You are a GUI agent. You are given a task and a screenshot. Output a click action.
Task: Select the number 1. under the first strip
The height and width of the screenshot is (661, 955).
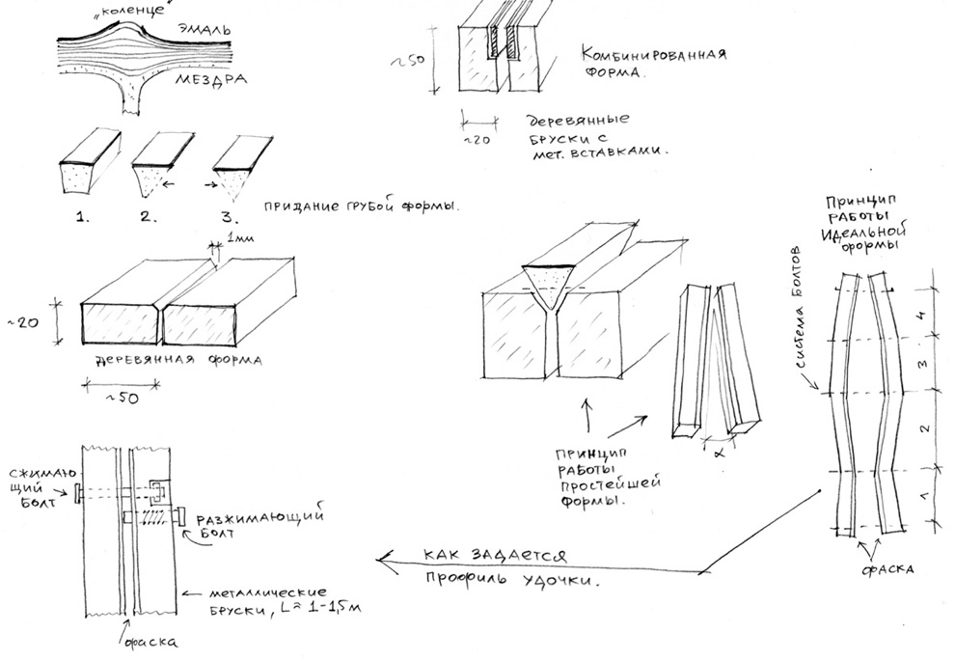81,216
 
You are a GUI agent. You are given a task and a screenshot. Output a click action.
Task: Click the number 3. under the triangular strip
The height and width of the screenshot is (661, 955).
226,216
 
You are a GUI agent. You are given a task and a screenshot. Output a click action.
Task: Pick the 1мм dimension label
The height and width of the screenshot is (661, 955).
232,236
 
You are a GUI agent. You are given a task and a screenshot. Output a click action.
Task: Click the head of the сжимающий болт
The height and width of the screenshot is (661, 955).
74,493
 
